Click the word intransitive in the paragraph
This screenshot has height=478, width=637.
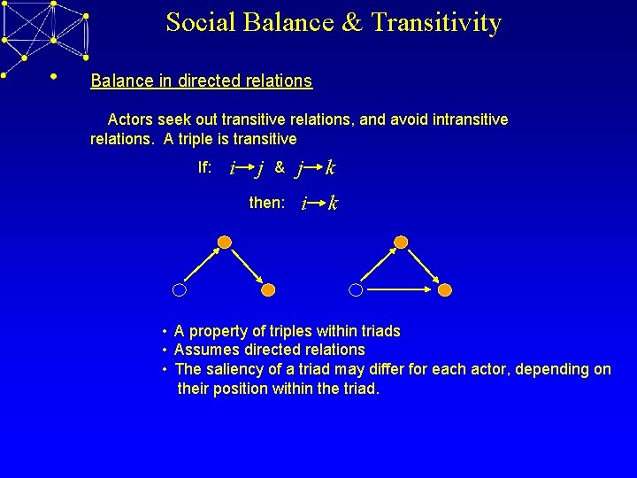click(x=462, y=119)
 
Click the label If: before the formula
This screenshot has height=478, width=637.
click(x=204, y=166)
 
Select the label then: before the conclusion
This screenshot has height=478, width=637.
click(x=266, y=203)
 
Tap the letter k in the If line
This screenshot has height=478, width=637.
click(x=329, y=167)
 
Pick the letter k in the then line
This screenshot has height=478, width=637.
click(x=332, y=204)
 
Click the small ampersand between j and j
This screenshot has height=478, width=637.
click(x=280, y=166)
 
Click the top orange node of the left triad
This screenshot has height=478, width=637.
click(x=225, y=242)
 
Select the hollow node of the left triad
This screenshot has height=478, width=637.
click(x=180, y=289)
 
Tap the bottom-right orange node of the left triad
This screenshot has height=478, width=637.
click(x=269, y=289)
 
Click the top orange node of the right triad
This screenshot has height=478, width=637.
click(x=401, y=242)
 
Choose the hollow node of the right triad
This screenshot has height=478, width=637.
click(x=356, y=289)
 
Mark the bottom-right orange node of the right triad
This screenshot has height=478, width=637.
click(x=445, y=289)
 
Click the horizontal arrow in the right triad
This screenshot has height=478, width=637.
click(x=400, y=289)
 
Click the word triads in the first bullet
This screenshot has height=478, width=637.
click(x=379, y=331)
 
